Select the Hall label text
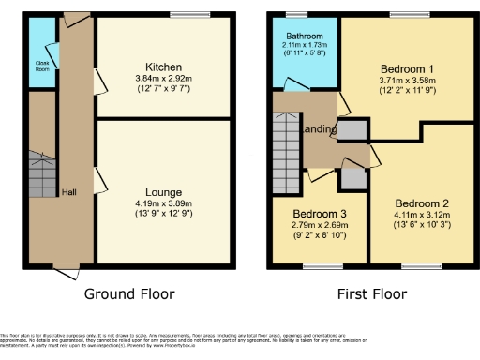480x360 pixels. coord(68,191)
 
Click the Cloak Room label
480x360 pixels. coord(42,66)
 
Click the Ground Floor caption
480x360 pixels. coord(129,293)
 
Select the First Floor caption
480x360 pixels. coord(374,293)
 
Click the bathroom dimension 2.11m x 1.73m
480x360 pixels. coord(305,48)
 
